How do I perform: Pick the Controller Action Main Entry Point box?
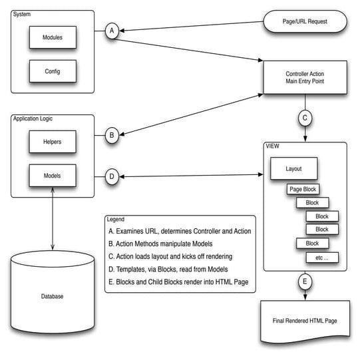point(305,77)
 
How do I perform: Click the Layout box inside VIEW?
point(293,168)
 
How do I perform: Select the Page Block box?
point(303,190)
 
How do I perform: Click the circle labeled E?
point(305,282)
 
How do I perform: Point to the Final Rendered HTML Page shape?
point(305,322)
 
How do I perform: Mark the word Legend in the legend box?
point(117,219)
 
